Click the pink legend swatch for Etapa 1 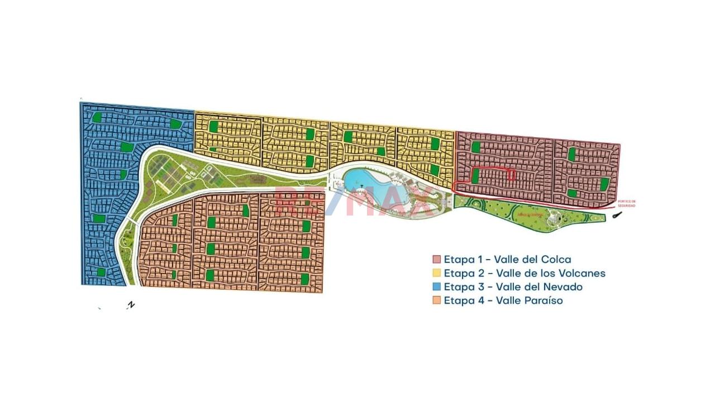pyautogui.click(x=437, y=260)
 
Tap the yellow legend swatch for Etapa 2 pyautogui.click(x=437, y=273)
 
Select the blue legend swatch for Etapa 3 pyautogui.click(x=437, y=287)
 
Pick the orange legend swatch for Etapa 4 pyautogui.click(x=437, y=300)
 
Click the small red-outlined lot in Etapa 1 pyautogui.click(x=512, y=175)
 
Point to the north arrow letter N pyautogui.click(x=131, y=305)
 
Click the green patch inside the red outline pyautogui.click(x=475, y=176)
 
